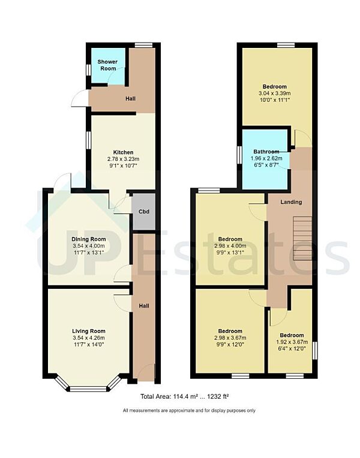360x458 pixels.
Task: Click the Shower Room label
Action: point(108,65)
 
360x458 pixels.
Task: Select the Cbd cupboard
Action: point(143,212)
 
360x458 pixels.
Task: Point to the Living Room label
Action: point(88,331)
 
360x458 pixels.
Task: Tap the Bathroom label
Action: point(266,152)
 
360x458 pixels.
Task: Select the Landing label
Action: point(291,202)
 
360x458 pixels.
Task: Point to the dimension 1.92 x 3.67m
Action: point(291,343)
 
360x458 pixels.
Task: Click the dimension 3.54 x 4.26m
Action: point(88,338)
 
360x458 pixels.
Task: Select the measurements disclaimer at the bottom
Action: point(189,411)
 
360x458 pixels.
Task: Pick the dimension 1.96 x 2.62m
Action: point(266,159)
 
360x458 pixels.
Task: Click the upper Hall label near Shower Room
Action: point(130,98)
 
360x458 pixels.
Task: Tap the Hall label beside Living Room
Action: point(144,306)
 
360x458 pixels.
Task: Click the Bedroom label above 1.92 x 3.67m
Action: point(291,335)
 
